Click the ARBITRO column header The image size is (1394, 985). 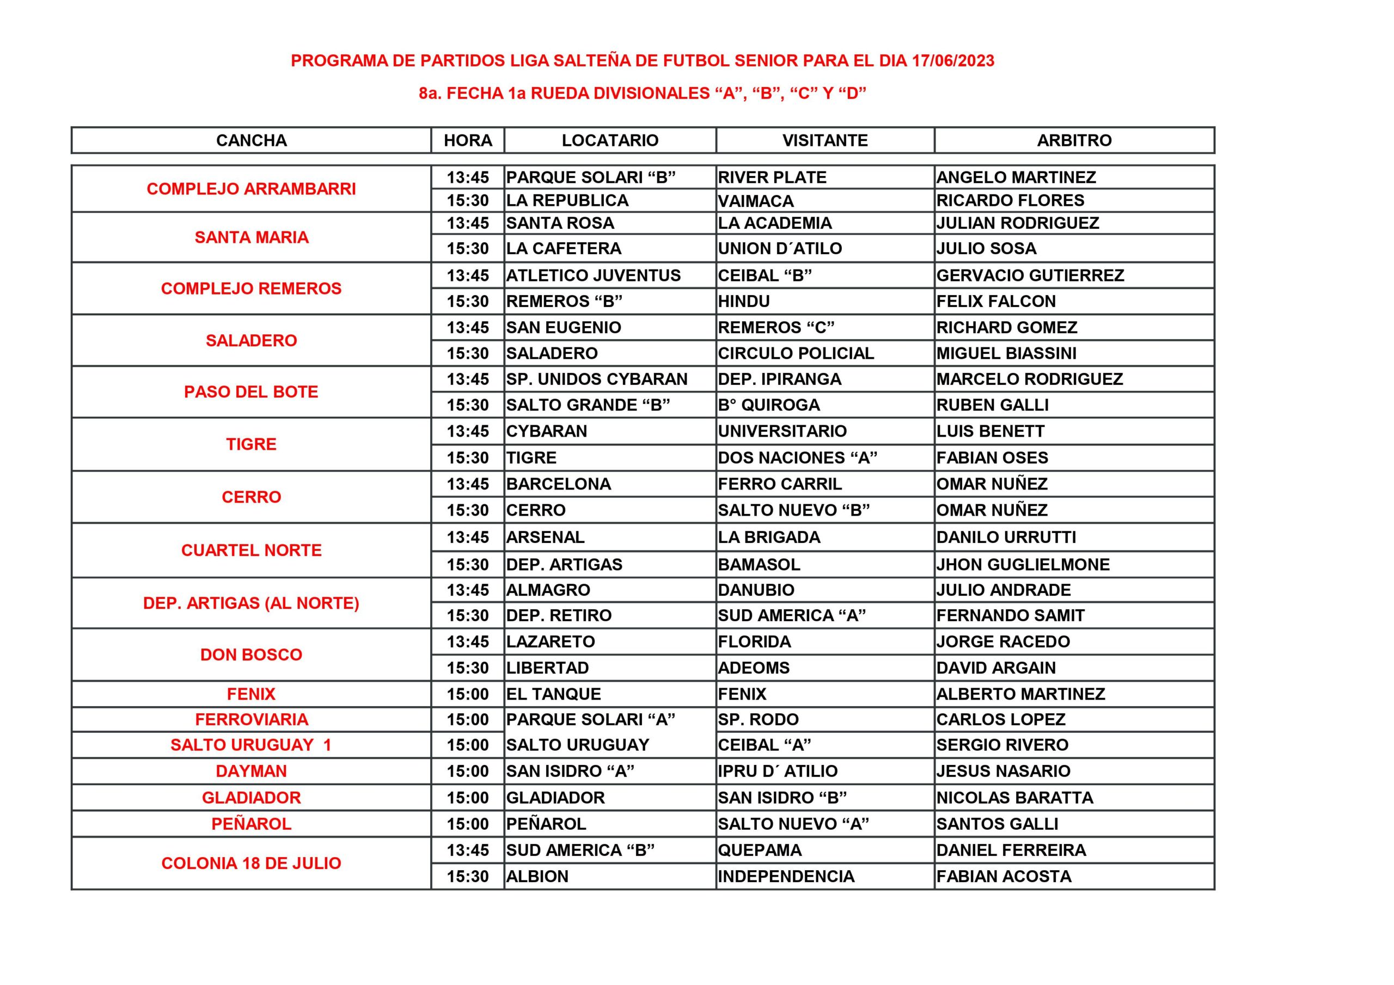[x=1073, y=140]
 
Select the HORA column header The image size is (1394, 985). [x=468, y=140]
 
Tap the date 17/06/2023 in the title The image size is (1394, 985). [x=952, y=61]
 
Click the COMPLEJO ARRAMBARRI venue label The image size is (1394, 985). [x=252, y=189]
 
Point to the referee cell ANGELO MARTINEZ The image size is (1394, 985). [x=1016, y=178]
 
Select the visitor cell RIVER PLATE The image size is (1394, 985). [x=772, y=178]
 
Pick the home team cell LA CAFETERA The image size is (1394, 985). [x=564, y=248]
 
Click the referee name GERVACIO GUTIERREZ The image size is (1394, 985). [x=1030, y=276]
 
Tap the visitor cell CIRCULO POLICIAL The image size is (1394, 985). [x=796, y=353]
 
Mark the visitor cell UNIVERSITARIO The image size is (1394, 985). [x=782, y=431]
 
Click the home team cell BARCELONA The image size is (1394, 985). [x=558, y=484]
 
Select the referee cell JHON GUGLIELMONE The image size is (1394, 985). [x=1023, y=565]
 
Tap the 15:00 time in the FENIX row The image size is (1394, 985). [x=468, y=694]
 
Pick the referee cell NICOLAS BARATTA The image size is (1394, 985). [x=1014, y=798]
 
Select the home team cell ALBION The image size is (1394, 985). [x=537, y=876]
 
